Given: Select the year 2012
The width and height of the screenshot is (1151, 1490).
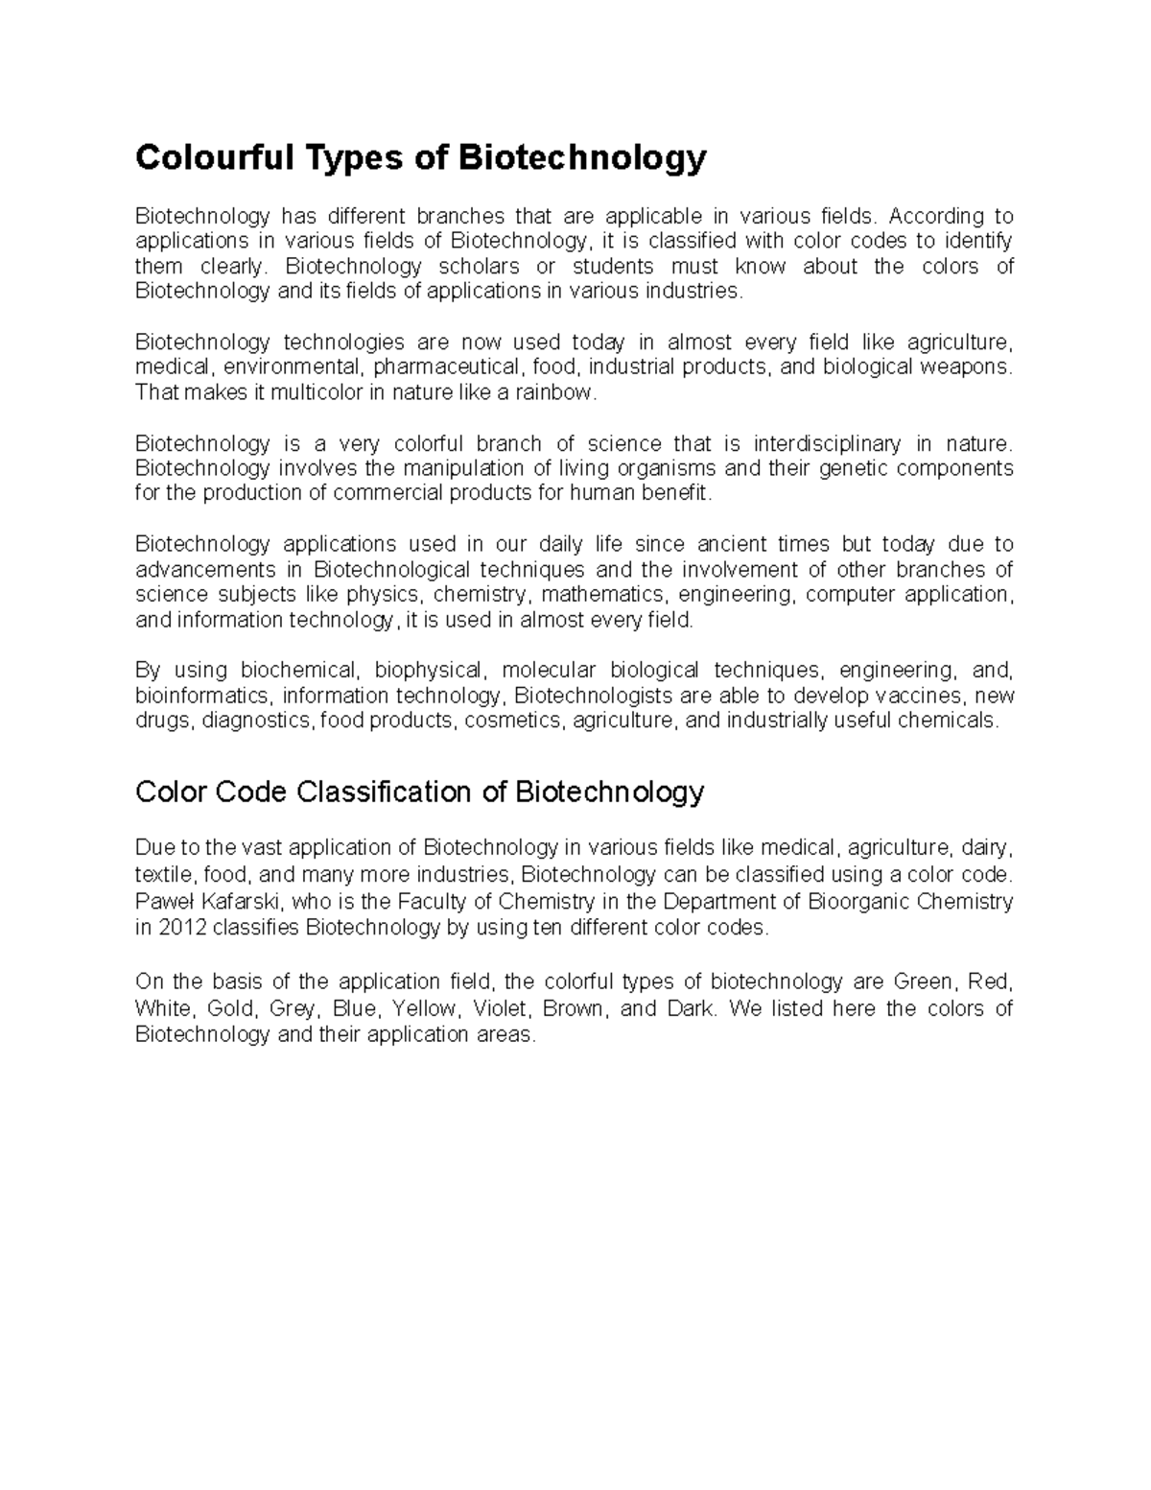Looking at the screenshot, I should click(x=181, y=928).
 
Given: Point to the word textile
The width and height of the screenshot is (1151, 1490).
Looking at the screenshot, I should click(x=164, y=875).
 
